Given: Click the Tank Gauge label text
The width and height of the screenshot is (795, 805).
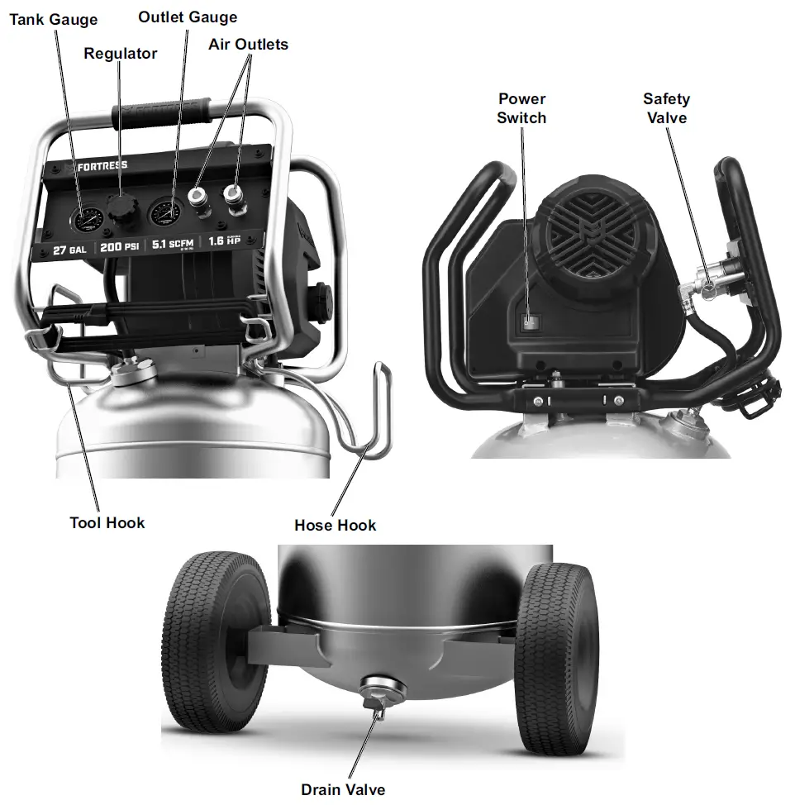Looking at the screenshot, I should [53, 19].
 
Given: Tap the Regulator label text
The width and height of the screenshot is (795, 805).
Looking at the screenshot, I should [121, 54].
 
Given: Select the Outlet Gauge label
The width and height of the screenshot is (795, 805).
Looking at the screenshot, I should [188, 17].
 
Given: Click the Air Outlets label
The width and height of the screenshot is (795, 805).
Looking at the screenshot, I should [248, 44].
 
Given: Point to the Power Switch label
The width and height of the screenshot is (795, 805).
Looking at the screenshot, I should [521, 108].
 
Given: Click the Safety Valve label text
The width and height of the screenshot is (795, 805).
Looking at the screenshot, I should [666, 108].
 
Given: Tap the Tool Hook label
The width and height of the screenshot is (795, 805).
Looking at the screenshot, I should [107, 522].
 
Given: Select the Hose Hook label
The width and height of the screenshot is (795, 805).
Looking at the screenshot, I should [335, 525].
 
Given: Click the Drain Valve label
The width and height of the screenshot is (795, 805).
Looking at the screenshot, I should [342, 789].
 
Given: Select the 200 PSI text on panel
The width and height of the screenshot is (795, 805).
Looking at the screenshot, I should [120, 246].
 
